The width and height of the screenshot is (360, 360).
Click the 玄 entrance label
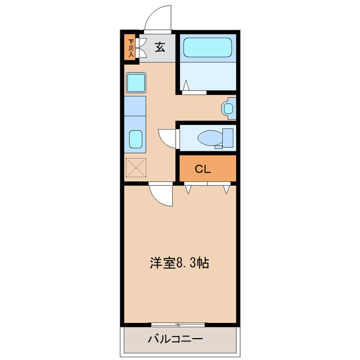point(160,48)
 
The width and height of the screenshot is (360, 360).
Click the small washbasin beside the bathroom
point(229,107)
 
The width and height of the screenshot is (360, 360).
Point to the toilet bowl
point(210,137)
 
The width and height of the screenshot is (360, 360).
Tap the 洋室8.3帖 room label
point(179,263)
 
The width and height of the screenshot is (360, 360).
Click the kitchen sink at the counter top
point(136,83)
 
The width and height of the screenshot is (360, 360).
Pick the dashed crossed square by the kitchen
point(136,168)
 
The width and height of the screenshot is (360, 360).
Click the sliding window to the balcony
point(178,325)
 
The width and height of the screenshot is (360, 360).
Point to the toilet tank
point(228,137)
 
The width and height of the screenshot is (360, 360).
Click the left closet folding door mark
point(188,189)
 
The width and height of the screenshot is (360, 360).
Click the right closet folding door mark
point(226,189)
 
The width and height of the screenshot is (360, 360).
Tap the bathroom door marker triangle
point(186,85)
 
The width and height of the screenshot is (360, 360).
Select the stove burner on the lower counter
point(136,139)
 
